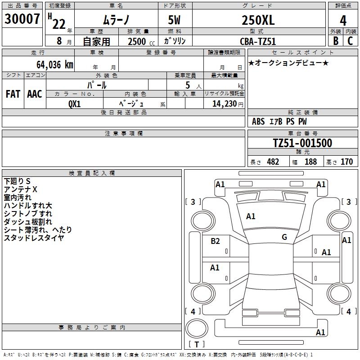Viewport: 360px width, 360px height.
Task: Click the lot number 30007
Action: click(x=22, y=19)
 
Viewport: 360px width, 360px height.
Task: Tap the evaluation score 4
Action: click(x=343, y=20)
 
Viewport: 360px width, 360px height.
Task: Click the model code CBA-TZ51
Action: click(x=258, y=41)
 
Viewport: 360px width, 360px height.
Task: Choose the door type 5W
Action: click(x=175, y=20)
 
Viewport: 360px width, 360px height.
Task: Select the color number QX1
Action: click(x=75, y=103)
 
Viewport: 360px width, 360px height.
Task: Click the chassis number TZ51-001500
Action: click(x=302, y=143)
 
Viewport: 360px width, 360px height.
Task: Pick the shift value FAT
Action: click(x=13, y=94)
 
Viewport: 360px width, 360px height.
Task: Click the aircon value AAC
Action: click(x=35, y=94)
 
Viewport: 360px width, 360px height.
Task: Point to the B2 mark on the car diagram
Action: click(x=216, y=241)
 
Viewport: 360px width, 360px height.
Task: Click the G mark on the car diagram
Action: click(x=284, y=237)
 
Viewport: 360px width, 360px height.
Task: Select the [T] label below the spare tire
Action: click(x=196, y=344)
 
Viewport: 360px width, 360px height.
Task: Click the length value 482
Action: click(x=273, y=162)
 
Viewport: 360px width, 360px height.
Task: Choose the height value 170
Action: click(x=346, y=162)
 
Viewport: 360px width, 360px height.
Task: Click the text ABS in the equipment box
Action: click(x=258, y=121)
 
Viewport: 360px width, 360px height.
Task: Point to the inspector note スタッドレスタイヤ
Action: click(x=34, y=238)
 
